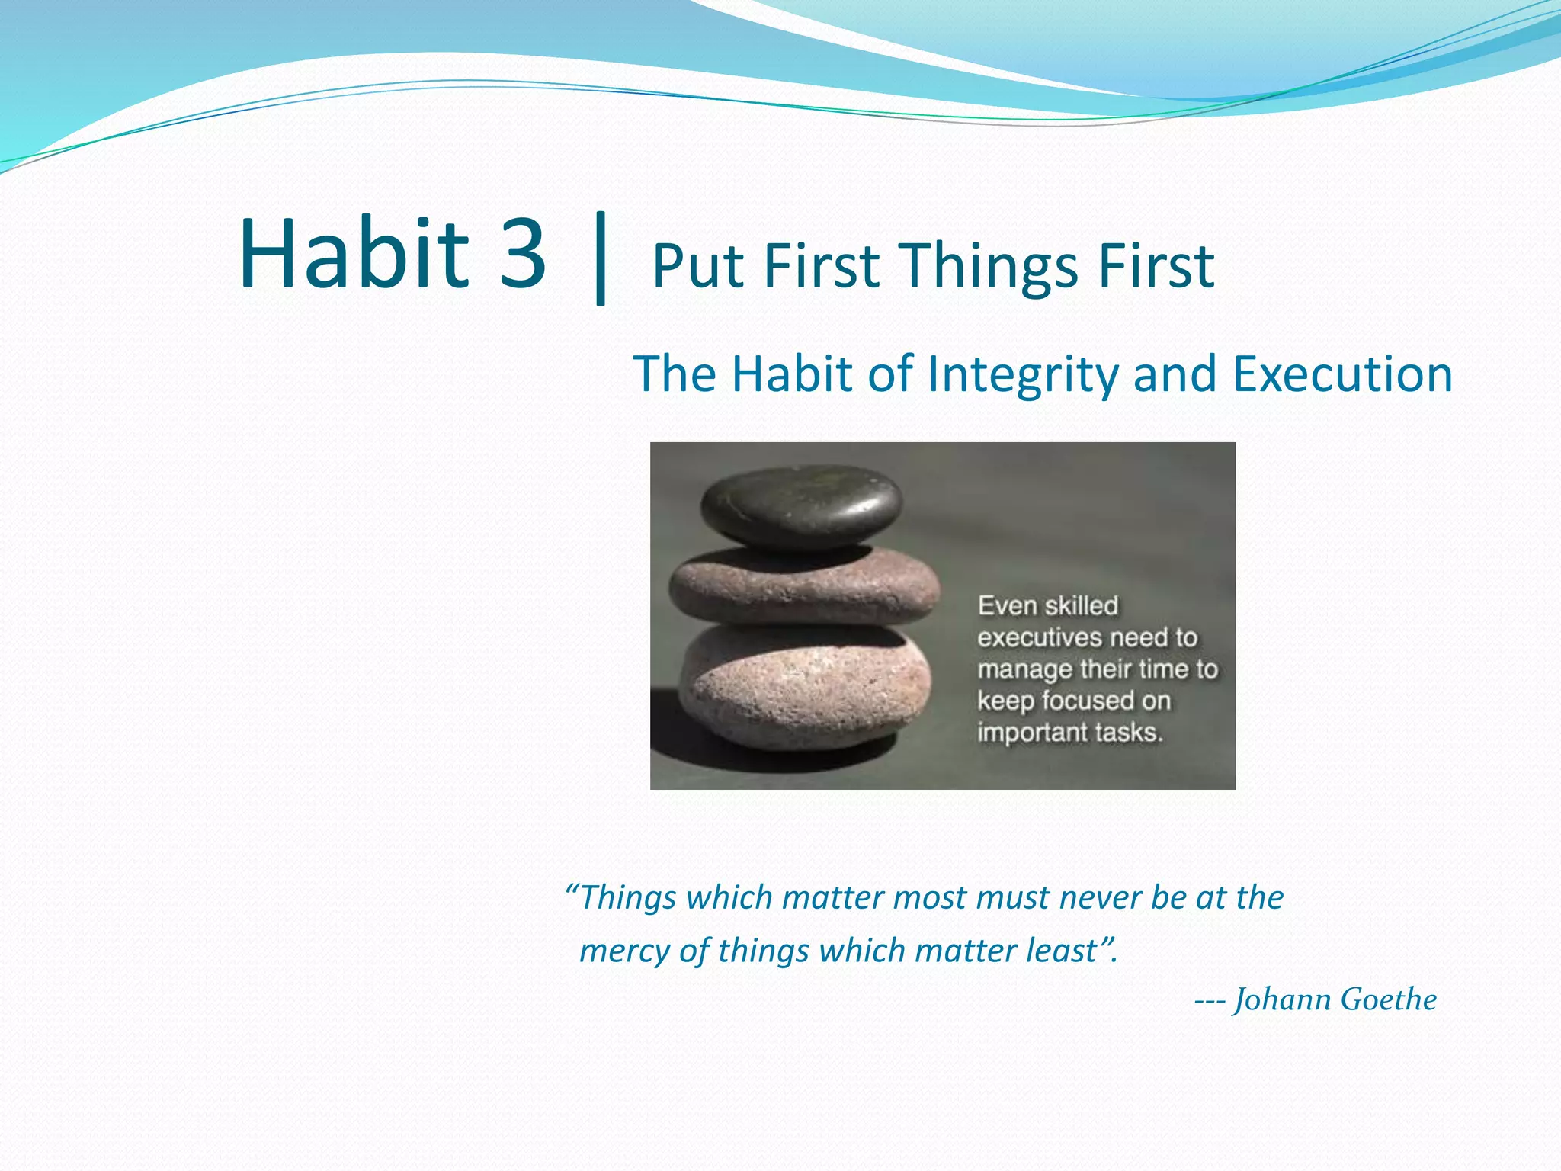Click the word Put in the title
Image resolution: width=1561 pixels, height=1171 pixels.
click(697, 267)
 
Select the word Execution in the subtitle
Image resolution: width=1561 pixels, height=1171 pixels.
click(1342, 375)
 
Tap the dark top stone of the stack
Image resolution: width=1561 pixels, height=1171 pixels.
click(800, 507)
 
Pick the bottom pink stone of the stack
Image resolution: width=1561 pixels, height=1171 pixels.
click(804, 686)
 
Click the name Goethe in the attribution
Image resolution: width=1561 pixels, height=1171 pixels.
click(1388, 999)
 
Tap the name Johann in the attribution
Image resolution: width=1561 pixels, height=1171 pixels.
click(1282, 999)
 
